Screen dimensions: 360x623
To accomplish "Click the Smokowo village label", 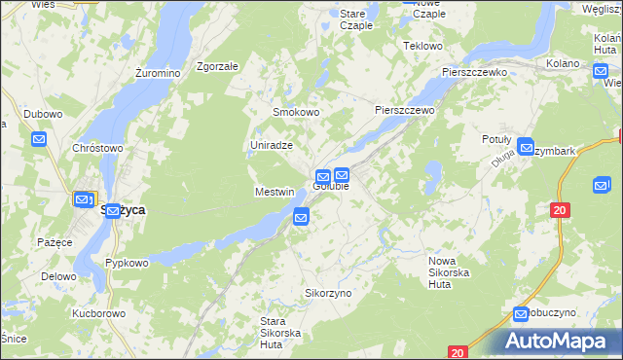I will click(296, 112).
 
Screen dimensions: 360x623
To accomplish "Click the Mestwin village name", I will click(275, 192).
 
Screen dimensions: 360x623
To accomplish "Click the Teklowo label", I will click(422, 46).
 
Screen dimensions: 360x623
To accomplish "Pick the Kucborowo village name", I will click(98, 314).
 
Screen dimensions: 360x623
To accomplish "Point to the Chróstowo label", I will click(97, 148).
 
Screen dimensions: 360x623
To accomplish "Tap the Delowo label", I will click(58, 276).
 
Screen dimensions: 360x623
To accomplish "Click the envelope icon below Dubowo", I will click(39, 140).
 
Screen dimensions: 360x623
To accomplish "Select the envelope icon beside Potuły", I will click(527, 149).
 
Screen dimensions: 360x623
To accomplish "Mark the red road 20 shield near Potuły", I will click(559, 209).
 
